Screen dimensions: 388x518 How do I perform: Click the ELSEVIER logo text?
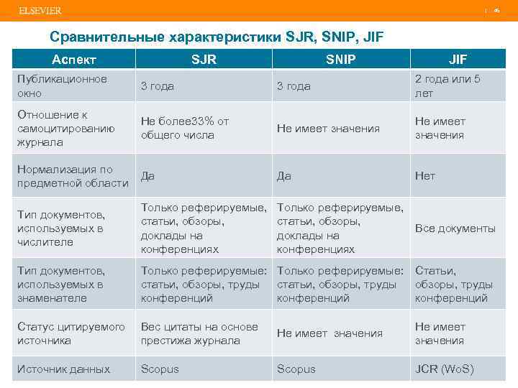(40, 11)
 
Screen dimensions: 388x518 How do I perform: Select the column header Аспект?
(74, 59)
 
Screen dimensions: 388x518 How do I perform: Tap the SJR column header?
(204, 59)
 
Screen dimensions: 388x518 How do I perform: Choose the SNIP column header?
(340, 59)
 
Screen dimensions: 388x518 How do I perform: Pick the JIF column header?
(458, 59)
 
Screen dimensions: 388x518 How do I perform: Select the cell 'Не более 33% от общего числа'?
(185, 129)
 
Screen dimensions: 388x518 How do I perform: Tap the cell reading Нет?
(425, 175)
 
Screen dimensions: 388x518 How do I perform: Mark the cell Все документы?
(455, 228)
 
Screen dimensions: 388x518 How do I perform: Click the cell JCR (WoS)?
(444, 369)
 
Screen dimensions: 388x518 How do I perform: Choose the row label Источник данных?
(64, 369)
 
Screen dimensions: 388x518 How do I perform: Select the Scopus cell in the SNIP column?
(296, 369)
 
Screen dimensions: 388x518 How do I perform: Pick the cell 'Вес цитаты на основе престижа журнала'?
(199, 334)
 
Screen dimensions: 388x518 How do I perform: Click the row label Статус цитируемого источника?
(71, 334)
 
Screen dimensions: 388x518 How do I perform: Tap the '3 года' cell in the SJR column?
(157, 86)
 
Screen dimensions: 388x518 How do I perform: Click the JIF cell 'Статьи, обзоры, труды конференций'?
(453, 285)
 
